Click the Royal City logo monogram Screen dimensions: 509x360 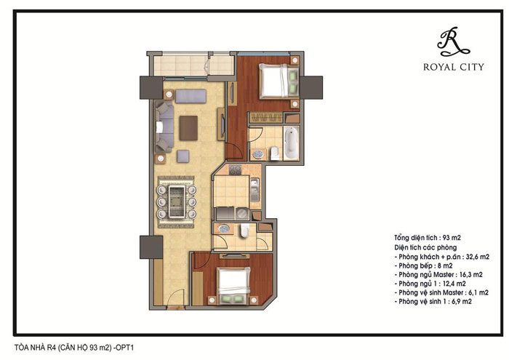(453, 41)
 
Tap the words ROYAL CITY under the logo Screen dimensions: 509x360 (454, 67)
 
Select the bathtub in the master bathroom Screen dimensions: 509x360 (291, 143)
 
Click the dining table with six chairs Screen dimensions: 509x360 (177, 202)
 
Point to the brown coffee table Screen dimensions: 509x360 (188, 128)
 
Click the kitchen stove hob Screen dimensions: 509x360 (236, 169)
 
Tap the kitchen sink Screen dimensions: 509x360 (254, 188)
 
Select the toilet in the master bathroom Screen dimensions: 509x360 (275, 153)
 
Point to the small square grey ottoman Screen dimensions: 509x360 (183, 156)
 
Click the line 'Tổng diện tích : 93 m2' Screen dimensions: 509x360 (428, 238)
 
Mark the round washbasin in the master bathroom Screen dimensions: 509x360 (258, 154)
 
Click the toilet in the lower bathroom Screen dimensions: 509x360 (245, 231)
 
